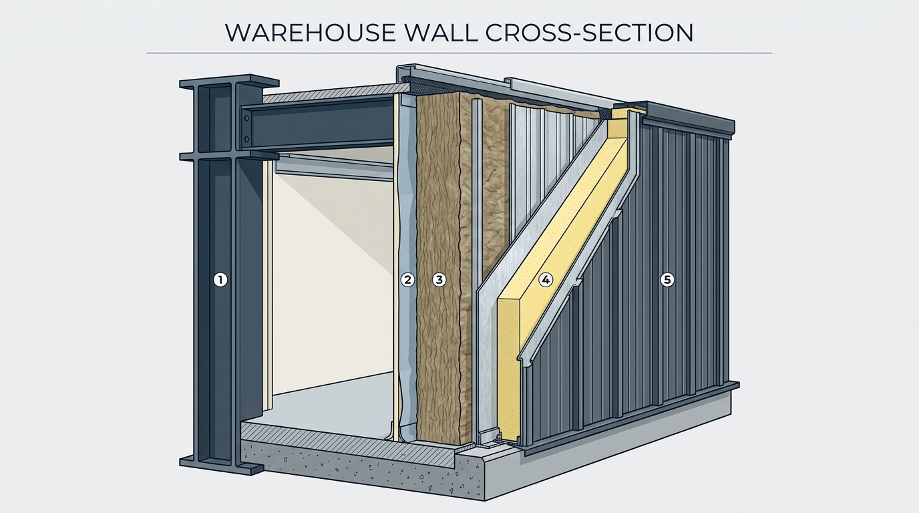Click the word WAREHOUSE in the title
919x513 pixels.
coord(310,33)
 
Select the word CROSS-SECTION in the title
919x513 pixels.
coord(589,33)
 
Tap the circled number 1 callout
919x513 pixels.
coord(220,281)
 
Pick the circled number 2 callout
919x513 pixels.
coord(407,281)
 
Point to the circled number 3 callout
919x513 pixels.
coord(439,281)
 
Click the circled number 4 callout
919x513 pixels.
coord(546,281)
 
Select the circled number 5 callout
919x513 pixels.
coord(667,281)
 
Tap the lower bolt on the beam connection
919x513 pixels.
coord(246,138)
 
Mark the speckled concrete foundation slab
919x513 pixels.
coord(357,472)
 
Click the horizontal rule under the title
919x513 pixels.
coord(459,53)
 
